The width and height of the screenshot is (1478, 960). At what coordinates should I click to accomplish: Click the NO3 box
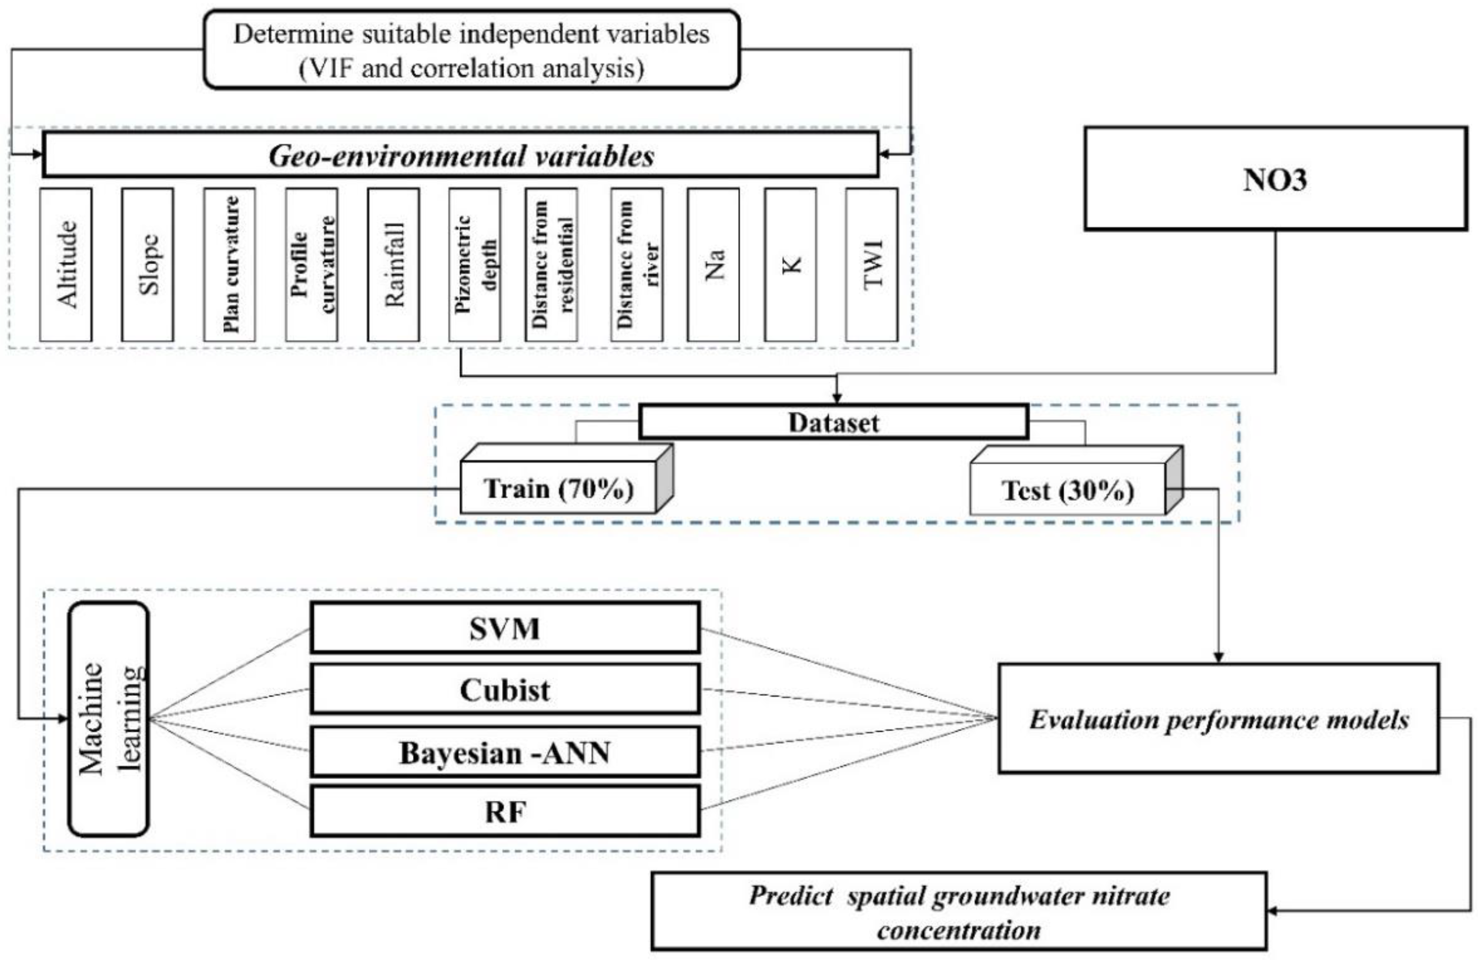(1276, 179)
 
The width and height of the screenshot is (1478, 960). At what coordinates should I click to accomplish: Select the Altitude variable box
(66, 265)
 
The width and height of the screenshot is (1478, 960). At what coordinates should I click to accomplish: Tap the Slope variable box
(147, 265)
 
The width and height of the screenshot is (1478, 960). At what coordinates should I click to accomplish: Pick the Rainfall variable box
(393, 265)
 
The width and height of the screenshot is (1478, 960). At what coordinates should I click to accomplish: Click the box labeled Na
(713, 265)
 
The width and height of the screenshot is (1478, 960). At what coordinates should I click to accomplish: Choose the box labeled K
(790, 265)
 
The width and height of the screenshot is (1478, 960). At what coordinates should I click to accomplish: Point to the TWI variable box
(871, 265)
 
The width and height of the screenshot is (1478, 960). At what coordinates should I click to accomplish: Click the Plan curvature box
(229, 265)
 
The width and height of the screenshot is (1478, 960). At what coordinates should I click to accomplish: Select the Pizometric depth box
(475, 265)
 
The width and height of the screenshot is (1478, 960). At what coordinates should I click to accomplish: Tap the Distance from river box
(636, 265)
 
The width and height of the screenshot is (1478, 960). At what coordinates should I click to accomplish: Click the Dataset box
(833, 422)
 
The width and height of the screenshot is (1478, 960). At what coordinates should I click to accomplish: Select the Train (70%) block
(558, 488)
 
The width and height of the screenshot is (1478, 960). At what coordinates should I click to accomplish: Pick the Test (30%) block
(1067, 491)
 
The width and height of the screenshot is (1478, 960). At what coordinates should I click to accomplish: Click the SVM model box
(505, 628)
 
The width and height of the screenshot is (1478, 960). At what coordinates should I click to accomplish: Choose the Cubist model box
(505, 689)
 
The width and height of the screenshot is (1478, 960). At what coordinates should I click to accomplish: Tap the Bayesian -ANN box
(505, 752)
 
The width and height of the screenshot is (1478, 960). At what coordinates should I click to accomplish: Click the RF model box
(505, 811)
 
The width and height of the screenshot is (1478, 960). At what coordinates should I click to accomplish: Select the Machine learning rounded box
(109, 719)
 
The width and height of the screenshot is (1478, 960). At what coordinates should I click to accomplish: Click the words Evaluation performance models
(1218, 719)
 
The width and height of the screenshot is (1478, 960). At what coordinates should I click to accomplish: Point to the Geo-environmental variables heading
(461, 155)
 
